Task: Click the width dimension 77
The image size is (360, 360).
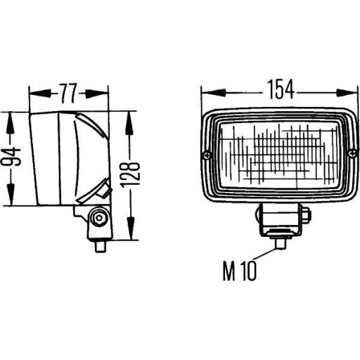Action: tap(69, 91)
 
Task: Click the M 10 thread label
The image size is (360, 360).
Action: tap(240, 271)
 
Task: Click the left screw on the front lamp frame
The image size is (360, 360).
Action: tap(205, 155)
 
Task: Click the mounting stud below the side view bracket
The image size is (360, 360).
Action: tap(100, 245)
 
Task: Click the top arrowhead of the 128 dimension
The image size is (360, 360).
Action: tap(131, 117)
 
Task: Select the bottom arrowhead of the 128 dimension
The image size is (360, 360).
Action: tap(131, 235)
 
